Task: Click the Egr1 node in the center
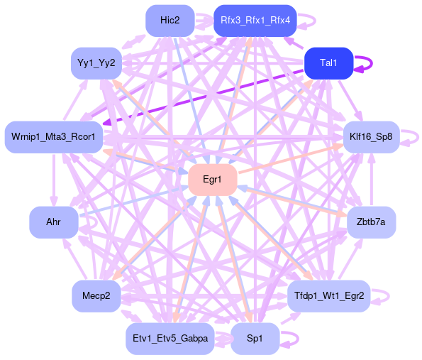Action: [x=213, y=180]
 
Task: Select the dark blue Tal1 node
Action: [x=328, y=63]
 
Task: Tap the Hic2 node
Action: [x=170, y=21]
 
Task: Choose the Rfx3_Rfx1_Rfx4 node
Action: [x=255, y=21]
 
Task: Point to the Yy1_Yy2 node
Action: [x=96, y=63]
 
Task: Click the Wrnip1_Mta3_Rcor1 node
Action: [x=54, y=137]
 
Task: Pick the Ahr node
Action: [x=54, y=222]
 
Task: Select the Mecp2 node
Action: [x=96, y=296]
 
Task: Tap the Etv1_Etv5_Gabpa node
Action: [x=170, y=339]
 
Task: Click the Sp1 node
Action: [x=255, y=339]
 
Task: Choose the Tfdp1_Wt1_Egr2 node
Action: [x=329, y=296]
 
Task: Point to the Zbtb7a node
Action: [x=372, y=222]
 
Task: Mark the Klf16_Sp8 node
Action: [x=372, y=137]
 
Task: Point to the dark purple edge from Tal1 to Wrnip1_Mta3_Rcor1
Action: [x=204, y=97]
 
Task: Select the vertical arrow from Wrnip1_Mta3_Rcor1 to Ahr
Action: [x=54, y=180]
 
